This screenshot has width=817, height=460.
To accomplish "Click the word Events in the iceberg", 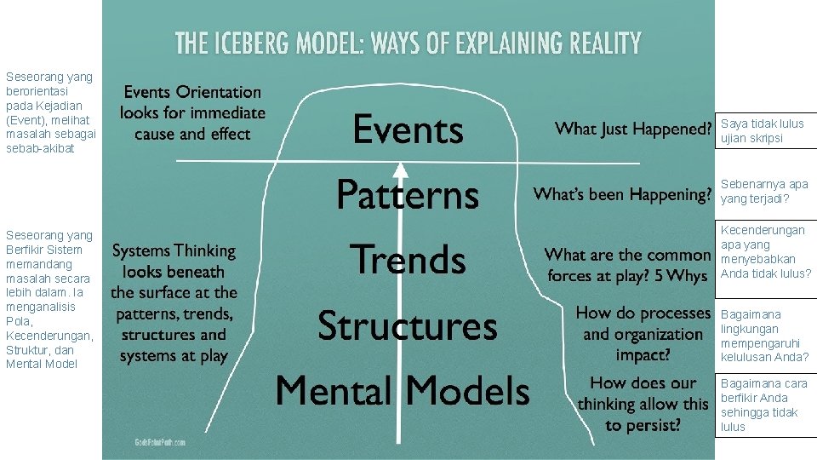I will [408, 130].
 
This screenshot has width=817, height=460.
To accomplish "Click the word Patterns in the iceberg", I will [408, 195].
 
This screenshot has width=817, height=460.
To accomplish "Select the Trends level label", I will [408, 260].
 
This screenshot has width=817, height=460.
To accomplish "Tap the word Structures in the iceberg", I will [407, 325].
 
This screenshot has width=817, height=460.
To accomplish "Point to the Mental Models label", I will [403, 391].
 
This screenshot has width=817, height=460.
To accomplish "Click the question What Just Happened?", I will [632, 129].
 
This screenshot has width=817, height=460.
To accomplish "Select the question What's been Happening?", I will [621, 195].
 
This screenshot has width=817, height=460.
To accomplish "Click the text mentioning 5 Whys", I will [627, 265].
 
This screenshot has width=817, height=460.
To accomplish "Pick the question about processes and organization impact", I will [643, 334].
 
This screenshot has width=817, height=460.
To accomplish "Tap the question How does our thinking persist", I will [643, 404].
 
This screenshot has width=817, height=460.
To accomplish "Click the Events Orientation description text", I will [192, 112].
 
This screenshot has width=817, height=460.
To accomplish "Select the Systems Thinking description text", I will [174, 303].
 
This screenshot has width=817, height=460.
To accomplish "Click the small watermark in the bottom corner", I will [159, 443].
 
